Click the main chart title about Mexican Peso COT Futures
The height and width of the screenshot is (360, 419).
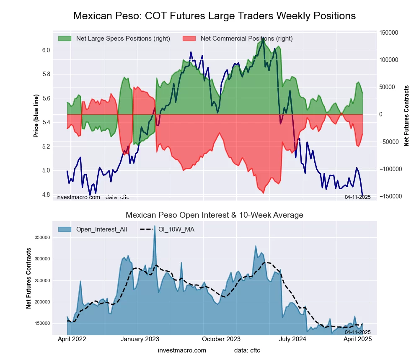[215, 16]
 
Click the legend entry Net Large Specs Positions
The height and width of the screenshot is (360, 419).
[123, 39]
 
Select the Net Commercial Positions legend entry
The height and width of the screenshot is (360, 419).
[246, 39]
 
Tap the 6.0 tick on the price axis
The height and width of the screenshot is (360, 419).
[46, 50]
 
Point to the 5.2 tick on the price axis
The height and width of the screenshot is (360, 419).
[46, 147]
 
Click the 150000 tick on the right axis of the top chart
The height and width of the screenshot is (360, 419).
[388, 33]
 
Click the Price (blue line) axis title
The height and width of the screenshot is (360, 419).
[36, 116]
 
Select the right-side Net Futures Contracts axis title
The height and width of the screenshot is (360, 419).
[406, 116]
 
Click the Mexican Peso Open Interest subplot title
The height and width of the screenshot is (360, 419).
[215, 215]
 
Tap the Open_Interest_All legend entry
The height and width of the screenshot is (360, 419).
[101, 229]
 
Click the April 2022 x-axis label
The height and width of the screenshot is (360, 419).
[72, 339]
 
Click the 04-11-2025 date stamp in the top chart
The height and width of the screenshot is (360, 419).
[357, 197]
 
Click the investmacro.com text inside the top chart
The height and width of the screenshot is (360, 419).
[78, 197]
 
